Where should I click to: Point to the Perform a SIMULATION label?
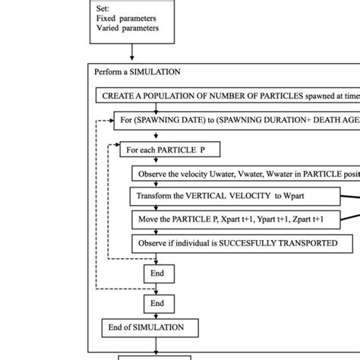coord(137,72)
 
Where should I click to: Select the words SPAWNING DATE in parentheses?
coord(172,119)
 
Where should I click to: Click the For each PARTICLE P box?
coord(159,150)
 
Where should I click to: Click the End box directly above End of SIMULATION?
coord(157,302)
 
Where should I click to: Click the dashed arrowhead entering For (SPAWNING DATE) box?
coord(109,119)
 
